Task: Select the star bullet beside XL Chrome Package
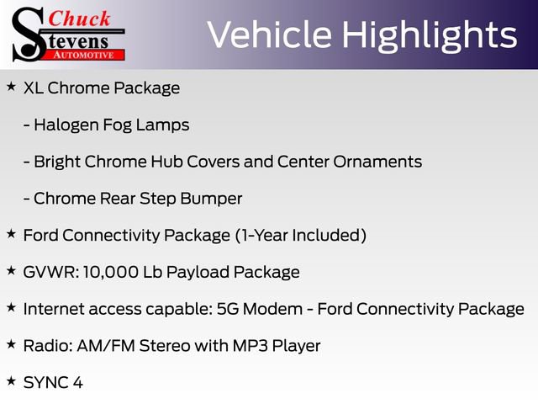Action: coord(11,87)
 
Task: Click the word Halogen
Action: coord(68,125)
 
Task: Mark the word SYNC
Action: coord(46,383)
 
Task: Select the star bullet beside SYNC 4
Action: coord(11,381)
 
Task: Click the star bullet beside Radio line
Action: coord(11,344)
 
